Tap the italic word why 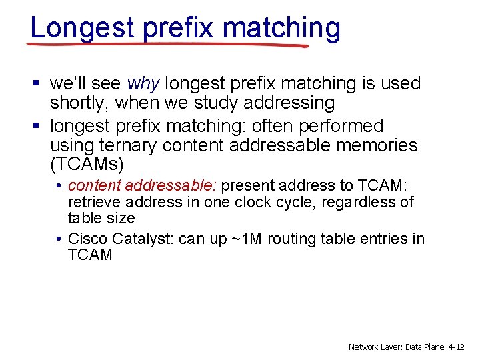click(143, 84)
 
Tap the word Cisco click(88, 239)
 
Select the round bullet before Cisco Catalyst click(59, 239)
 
